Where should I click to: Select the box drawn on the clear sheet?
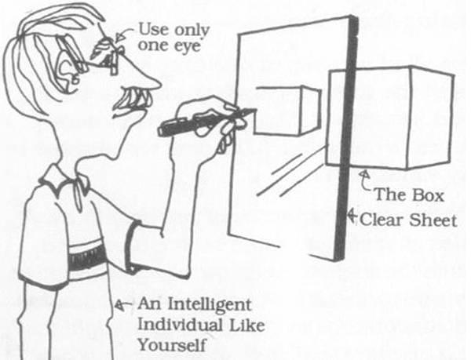[x=287, y=109]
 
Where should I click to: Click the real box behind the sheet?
[x=392, y=118]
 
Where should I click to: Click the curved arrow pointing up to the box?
[x=366, y=180]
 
